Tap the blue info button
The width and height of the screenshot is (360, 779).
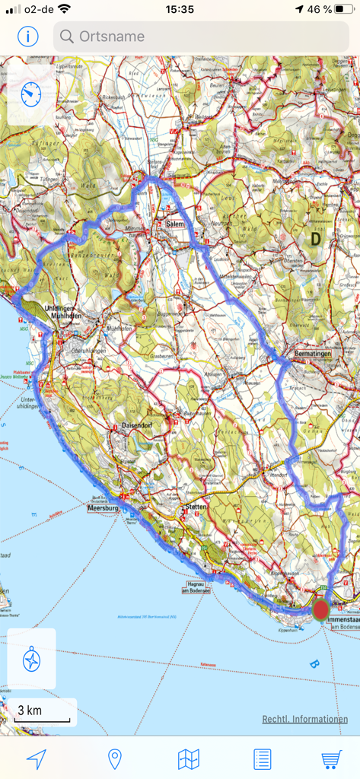click(28, 36)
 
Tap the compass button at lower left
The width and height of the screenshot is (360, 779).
click(32, 659)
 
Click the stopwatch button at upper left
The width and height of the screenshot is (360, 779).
click(31, 94)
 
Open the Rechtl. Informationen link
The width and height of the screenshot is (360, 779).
click(304, 719)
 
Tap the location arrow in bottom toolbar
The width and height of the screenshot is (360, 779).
click(36, 758)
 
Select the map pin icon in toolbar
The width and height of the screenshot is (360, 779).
click(115, 758)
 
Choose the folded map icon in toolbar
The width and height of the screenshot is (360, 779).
click(188, 758)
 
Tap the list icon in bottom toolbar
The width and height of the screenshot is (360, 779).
click(263, 758)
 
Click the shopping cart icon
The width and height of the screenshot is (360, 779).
click(331, 758)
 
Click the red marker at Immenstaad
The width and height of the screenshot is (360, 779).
click(321, 609)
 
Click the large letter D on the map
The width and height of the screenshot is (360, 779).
click(314, 238)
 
